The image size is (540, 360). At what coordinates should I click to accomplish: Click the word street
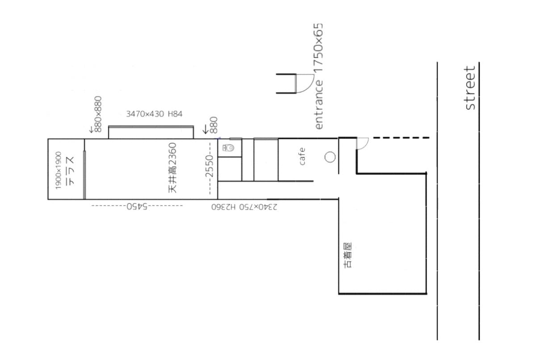coord(469,88)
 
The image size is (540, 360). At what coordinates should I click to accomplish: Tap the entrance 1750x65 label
coord(319,76)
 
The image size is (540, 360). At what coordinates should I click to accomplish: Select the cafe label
coord(302,156)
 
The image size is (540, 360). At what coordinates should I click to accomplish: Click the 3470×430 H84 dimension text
coord(154,114)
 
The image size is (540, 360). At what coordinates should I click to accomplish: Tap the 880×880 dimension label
coord(98,114)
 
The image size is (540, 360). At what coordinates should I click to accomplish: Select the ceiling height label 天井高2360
coord(172,168)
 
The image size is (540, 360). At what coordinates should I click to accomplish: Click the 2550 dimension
coord(209,166)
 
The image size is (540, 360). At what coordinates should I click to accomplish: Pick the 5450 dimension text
coord(137,206)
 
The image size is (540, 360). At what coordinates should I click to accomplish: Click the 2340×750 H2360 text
coord(244,207)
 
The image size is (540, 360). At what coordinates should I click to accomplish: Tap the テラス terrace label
coord(71,171)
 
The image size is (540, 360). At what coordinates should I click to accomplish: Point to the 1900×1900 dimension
coord(59,170)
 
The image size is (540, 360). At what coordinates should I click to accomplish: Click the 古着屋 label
coord(347,255)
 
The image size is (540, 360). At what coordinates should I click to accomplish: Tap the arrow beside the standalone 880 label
coord(205,129)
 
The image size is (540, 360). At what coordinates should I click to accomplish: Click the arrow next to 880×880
coord(91,130)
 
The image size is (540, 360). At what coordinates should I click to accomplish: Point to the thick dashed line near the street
coord(402,138)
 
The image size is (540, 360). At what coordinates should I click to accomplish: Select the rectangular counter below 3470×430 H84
coord(151,132)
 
